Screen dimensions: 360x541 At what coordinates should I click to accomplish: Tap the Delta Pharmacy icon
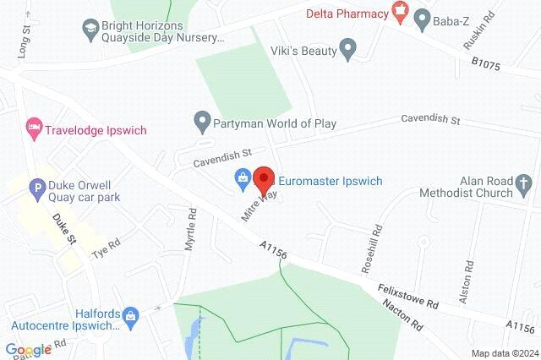click(401, 13)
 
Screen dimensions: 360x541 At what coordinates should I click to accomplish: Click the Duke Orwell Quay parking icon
click(37, 189)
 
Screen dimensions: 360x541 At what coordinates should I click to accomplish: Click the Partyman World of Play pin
click(202, 123)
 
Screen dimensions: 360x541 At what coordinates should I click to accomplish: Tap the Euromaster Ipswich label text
click(332, 181)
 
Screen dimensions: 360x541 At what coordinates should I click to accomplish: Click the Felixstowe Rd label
click(409, 297)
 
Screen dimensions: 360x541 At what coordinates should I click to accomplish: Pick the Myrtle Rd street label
click(190, 230)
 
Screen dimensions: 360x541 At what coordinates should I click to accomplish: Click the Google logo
click(29, 349)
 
